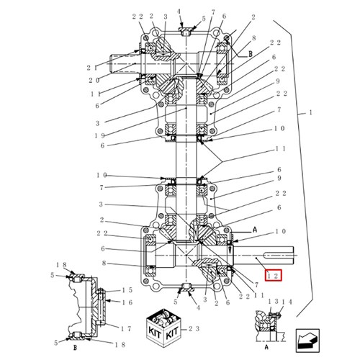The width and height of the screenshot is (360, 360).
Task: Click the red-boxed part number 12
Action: pos(273,276)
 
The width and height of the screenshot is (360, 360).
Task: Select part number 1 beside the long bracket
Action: pos(310,112)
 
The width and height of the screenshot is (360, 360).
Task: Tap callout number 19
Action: pos(99,136)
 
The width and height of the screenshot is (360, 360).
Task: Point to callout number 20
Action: pos(94,81)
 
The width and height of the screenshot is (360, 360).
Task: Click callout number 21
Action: pos(92,68)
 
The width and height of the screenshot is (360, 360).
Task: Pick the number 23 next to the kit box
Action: pos(194,329)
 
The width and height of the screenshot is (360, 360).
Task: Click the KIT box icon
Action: pos(163,328)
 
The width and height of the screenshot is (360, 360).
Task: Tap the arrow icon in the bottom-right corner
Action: pos(307,340)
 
